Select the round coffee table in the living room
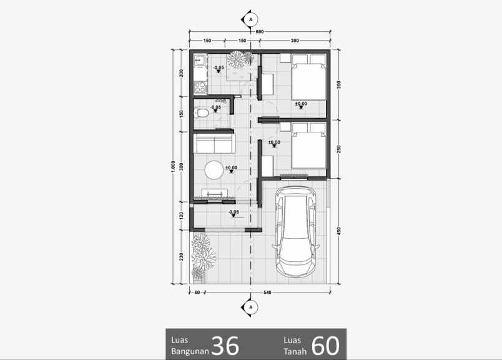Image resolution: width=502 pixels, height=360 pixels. point(214,169)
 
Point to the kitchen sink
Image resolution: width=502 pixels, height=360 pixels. point(200,61)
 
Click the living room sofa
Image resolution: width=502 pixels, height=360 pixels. point(214,144)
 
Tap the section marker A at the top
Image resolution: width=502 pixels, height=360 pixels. point(251,19)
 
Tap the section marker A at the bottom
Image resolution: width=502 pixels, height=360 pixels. point(251,307)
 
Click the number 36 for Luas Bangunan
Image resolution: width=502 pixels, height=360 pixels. point(225,345)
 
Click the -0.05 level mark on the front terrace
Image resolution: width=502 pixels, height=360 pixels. point(234,212)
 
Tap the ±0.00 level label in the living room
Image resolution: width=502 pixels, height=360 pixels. point(231,167)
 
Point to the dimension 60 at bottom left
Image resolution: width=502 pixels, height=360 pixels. point(197,292)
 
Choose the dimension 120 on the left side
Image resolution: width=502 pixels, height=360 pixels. point(181,216)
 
